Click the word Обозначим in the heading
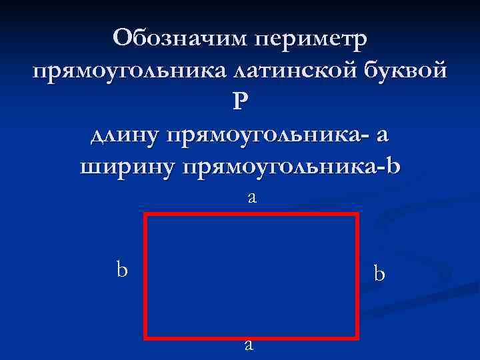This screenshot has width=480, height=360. [x=180, y=39]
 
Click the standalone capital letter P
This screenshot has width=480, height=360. [x=240, y=102]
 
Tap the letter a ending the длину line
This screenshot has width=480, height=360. [x=382, y=135]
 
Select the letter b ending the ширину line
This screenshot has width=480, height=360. [x=394, y=165]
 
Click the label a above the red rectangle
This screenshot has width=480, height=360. [x=251, y=197]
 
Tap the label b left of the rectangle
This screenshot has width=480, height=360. [x=122, y=269]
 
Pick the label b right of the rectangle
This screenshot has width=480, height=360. [x=379, y=274]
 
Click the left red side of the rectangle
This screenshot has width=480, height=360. [x=145, y=276]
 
